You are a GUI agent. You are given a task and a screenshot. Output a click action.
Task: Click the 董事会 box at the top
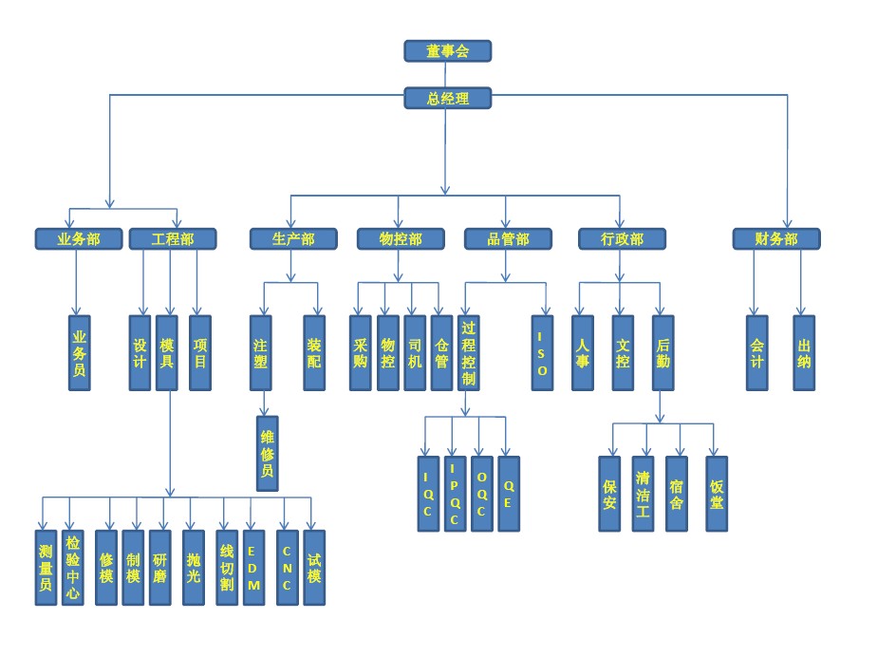pyautogui.click(x=447, y=51)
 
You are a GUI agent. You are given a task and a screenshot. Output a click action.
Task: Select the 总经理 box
pyautogui.click(x=447, y=98)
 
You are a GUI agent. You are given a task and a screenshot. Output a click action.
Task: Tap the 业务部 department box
pyautogui.click(x=80, y=238)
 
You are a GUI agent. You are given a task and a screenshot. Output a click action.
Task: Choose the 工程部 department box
pyautogui.click(x=172, y=238)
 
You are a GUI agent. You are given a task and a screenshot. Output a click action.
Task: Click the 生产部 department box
pyautogui.click(x=293, y=238)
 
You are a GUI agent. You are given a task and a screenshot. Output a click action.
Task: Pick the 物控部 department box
pyautogui.click(x=400, y=238)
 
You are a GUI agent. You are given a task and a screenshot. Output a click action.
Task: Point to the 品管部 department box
pyautogui.click(x=508, y=238)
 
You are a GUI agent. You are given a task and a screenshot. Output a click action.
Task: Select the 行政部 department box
pyautogui.click(x=623, y=238)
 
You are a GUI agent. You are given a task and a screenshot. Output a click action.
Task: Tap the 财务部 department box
pyautogui.click(x=776, y=238)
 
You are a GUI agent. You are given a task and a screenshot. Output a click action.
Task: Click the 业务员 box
pyautogui.click(x=80, y=353)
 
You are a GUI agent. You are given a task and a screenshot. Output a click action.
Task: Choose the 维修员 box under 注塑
pyautogui.click(x=268, y=454)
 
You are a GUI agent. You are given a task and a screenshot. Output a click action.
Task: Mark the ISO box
pyautogui.click(x=542, y=353)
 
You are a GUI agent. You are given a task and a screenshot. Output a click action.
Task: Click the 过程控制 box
pyautogui.click(x=468, y=353)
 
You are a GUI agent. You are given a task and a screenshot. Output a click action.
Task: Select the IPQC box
pyautogui.click(x=455, y=494)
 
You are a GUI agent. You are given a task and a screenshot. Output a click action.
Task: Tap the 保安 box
pyautogui.click(x=609, y=494)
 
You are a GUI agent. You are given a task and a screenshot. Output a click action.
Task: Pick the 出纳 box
pyautogui.click(x=805, y=353)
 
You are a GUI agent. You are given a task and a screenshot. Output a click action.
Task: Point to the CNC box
pyautogui.click(x=287, y=568)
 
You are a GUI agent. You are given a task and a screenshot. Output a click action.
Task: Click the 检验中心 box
pyautogui.click(x=72, y=568)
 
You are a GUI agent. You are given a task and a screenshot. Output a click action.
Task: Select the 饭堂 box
pyautogui.click(x=717, y=494)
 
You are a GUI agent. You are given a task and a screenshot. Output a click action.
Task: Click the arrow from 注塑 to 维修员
pyautogui.click(x=265, y=404)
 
